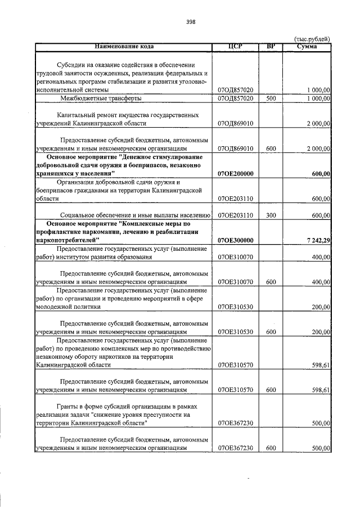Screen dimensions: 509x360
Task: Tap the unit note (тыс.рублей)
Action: (x=312, y=39)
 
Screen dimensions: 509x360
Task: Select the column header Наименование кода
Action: (x=124, y=46)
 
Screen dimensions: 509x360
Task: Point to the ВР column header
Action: (x=271, y=46)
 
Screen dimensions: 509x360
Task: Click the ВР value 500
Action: (x=271, y=98)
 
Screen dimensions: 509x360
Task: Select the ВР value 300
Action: (x=271, y=215)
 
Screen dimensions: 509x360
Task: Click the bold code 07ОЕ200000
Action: (x=235, y=174)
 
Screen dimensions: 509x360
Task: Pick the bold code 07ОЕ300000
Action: (x=235, y=241)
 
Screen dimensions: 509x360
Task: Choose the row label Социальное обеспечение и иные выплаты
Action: (x=134, y=215)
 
